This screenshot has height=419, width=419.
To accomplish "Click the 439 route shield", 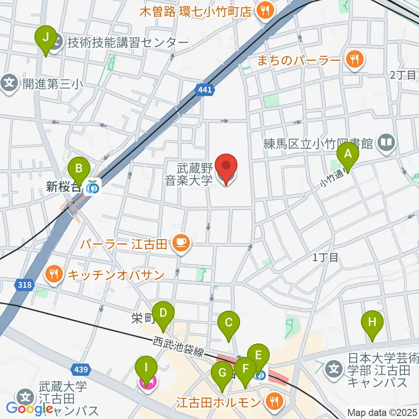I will (83, 370).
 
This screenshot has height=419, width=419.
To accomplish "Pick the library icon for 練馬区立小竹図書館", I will (387, 143).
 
